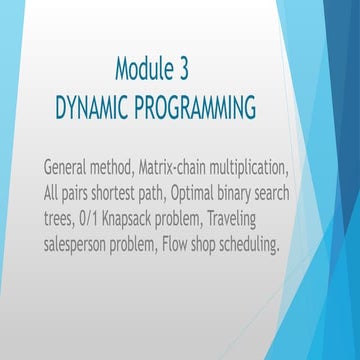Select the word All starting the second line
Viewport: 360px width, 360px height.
54,189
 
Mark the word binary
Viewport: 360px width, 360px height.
268,189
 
